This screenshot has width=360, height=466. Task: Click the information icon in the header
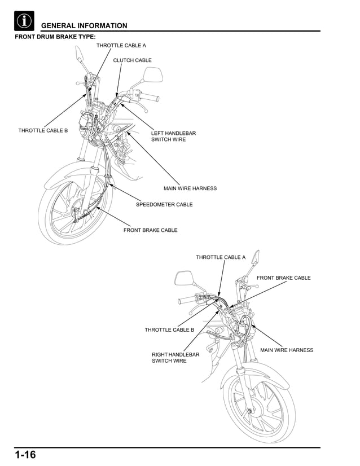pyautogui.click(x=24, y=21)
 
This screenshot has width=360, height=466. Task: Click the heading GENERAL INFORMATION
pyautogui.click(x=84, y=25)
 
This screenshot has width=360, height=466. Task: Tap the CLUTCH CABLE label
pyautogui.click(x=132, y=60)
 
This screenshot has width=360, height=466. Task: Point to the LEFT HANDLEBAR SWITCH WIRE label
pyautogui.click(x=173, y=136)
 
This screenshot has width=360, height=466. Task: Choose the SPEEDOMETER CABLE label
pyautogui.click(x=164, y=204)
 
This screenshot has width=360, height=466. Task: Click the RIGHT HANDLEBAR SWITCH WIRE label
pyautogui.click(x=175, y=357)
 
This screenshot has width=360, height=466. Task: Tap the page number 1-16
pyautogui.click(x=25, y=455)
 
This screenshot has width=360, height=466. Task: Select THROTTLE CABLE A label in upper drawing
pyautogui.click(x=121, y=45)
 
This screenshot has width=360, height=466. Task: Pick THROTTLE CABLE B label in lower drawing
pyautogui.click(x=169, y=329)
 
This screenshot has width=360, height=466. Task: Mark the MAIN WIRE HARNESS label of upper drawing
pyautogui.click(x=190, y=188)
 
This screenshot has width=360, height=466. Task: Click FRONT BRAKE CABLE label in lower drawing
pyautogui.click(x=283, y=278)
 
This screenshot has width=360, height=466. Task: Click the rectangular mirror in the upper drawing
pyautogui.click(x=153, y=74)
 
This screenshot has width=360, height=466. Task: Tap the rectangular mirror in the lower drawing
pyautogui.click(x=184, y=278)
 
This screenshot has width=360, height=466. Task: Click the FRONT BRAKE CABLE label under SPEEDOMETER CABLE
pyautogui.click(x=150, y=230)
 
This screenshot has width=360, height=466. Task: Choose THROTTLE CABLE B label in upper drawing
pyautogui.click(x=43, y=130)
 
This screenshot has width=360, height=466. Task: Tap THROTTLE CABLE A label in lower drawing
pyautogui.click(x=221, y=257)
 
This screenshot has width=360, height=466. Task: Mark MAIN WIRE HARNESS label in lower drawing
pyautogui.click(x=287, y=350)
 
